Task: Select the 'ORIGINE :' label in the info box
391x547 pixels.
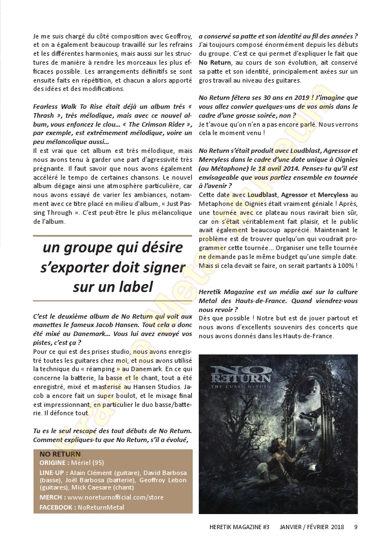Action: [x=54, y=463]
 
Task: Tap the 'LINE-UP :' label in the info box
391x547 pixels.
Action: [x=54, y=473]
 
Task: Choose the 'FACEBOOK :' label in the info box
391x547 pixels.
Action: [x=57, y=507]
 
